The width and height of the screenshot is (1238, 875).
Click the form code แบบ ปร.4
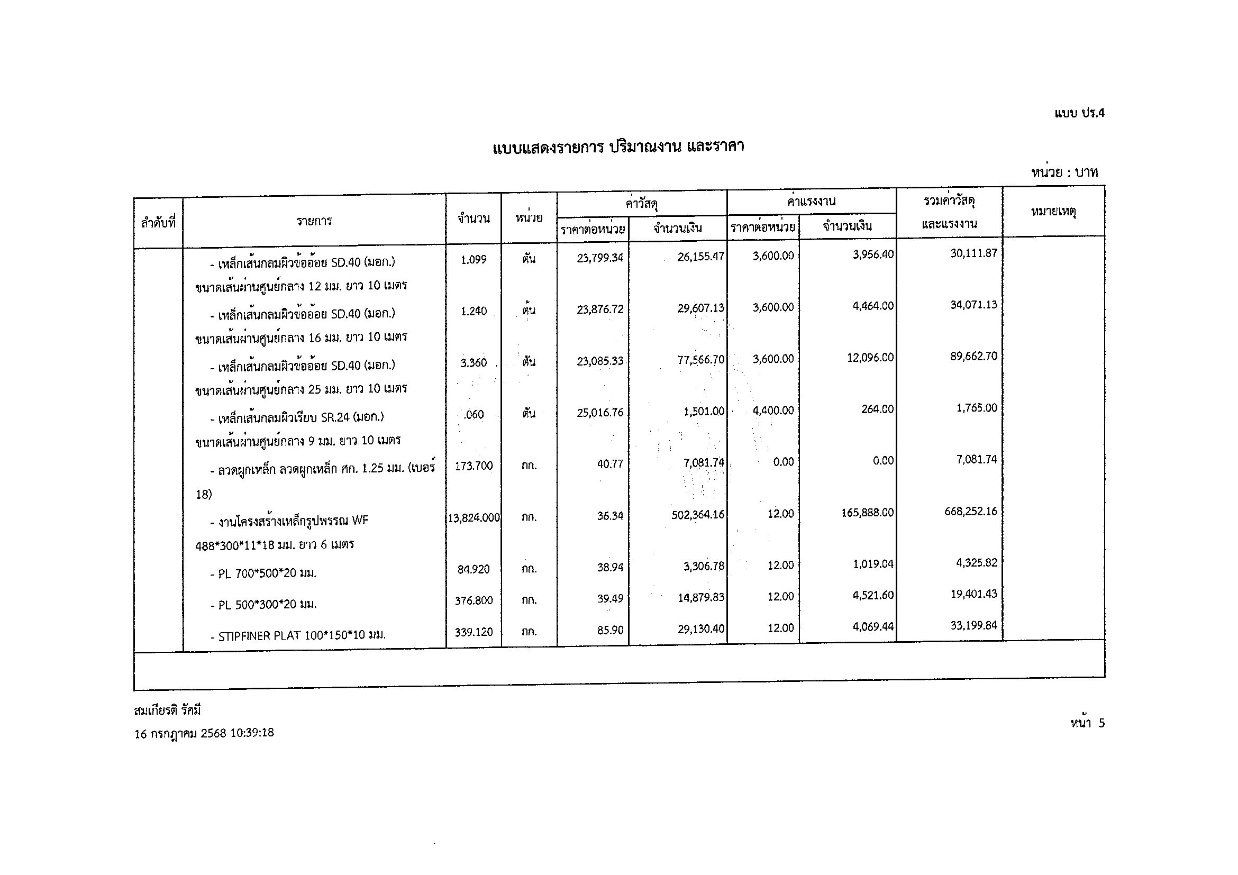coord(1079,113)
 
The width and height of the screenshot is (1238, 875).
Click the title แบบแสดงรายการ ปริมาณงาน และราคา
coord(618,147)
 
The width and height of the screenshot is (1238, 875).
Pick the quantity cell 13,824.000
coord(474,518)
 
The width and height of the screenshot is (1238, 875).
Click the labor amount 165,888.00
coord(867,512)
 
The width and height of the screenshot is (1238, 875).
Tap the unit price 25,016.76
coord(599,413)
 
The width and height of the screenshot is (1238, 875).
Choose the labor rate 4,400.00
coord(773,411)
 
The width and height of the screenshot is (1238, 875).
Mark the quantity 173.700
coord(474,466)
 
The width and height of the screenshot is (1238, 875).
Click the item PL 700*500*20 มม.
coord(268,573)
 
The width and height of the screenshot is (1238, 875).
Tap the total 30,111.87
coord(974,253)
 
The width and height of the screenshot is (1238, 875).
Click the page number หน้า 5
coord(1087,724)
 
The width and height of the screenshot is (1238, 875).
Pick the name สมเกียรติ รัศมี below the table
coord(167,710)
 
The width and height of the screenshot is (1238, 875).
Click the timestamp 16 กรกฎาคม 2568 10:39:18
coord(204,733)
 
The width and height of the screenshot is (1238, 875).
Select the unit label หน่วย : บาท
coord(1064,172)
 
